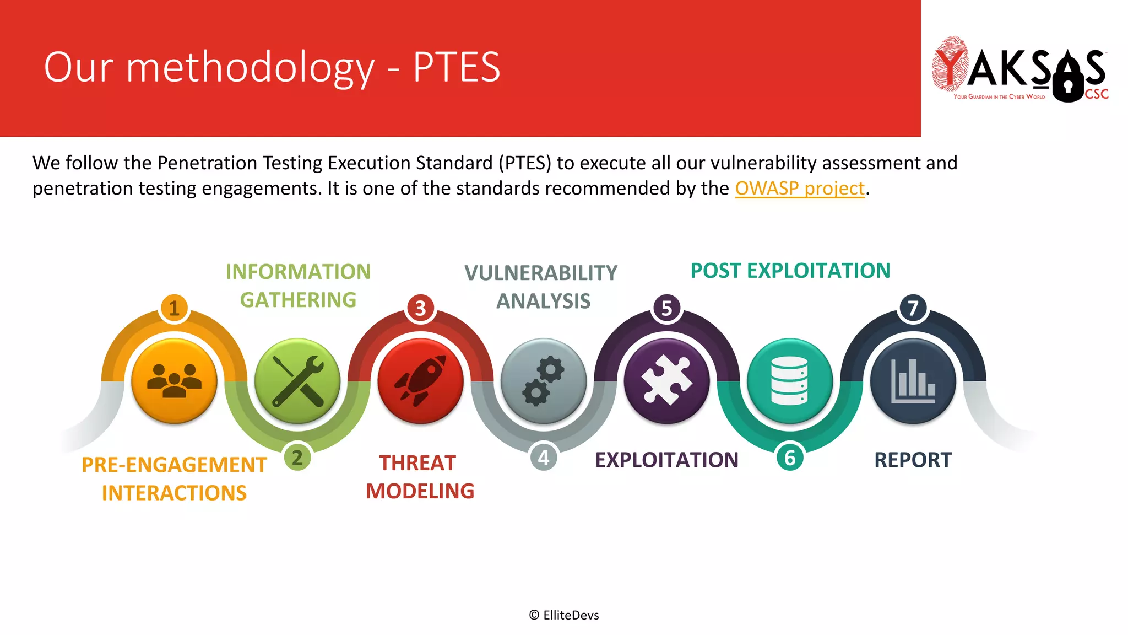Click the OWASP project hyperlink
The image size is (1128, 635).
coord(799,189)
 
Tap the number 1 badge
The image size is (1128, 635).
coord(175,308)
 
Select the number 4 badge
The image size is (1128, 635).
coord(544,458)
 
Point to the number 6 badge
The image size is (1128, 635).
coord(790,458)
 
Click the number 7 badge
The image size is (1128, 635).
coord(913,308)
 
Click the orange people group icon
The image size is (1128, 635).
coord(175,381)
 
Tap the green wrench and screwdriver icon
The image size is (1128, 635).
coord(297,381)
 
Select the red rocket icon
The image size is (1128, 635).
coord(421,381)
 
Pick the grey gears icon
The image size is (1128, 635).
coord(544,381)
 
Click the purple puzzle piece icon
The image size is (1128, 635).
coord(667,381)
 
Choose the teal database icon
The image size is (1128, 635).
coord(790,381)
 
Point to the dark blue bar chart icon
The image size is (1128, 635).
coord(913,381)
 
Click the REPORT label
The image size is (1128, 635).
coord(913,460)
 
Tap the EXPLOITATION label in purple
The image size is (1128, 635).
coord(666,460)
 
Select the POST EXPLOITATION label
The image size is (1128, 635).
coord(790,271)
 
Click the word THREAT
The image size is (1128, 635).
coord(417,463)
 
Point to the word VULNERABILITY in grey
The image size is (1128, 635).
coord(541,273)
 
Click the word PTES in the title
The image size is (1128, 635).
coord(457,67)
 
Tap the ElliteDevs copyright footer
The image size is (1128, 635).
coord(564,615)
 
